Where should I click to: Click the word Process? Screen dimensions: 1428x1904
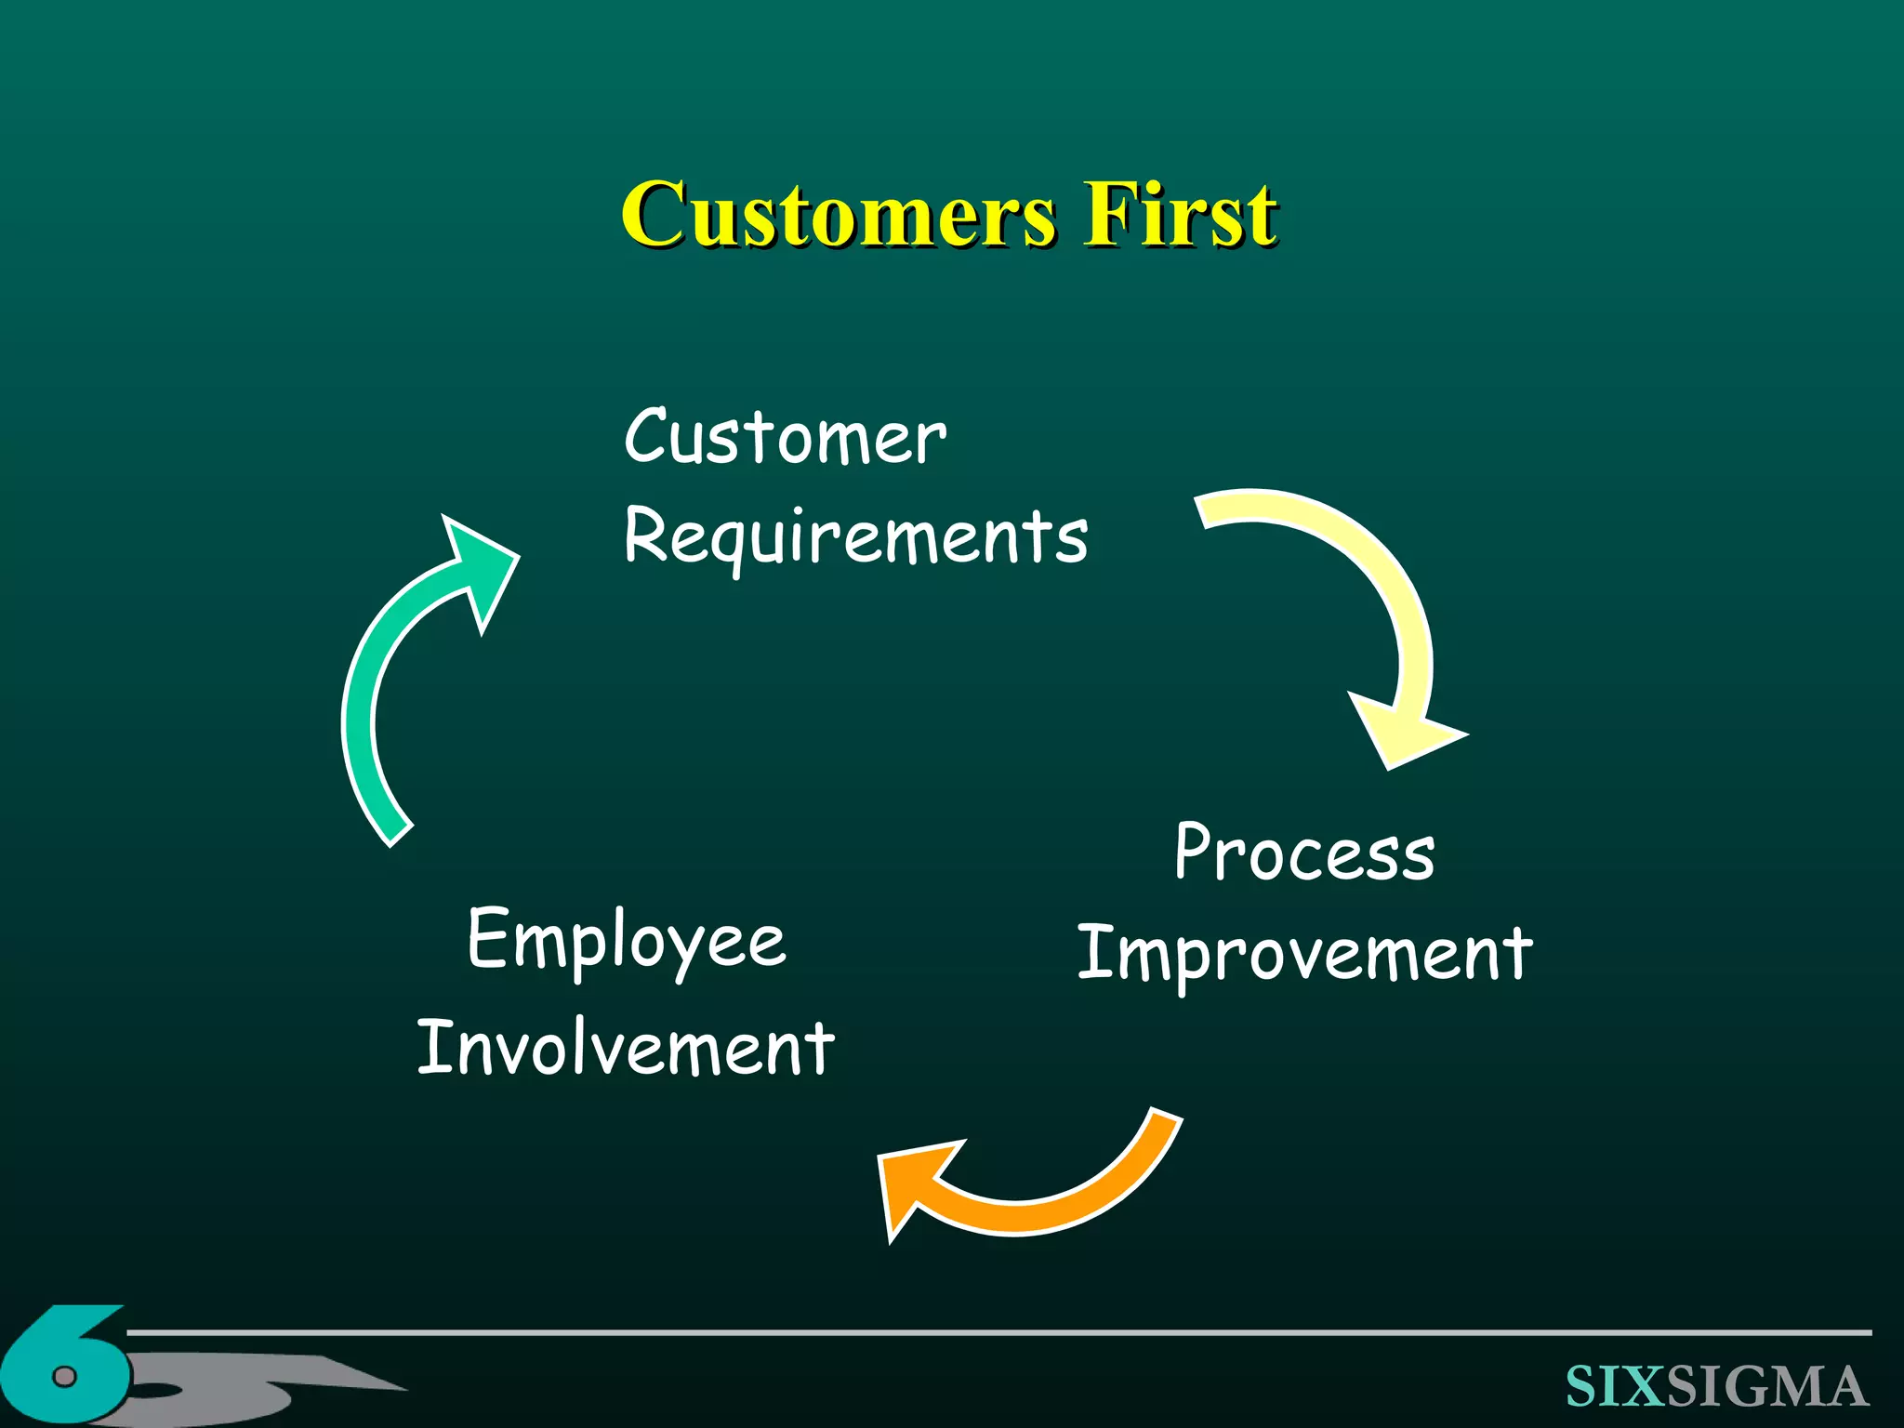pyautogui.click(x=1304, y=853)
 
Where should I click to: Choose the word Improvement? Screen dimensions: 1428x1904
pyautogui.click(x=1304, y=956)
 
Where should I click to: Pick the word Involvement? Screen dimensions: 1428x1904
pyautogui.click(x=626, y=1049)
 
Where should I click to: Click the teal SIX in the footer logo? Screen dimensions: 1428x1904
pyautogui.click(x=1615, y=1386)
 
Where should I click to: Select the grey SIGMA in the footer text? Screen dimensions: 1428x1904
pyautogui.click(x=1766, y=1386)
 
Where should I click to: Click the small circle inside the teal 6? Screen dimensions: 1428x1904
pyautogui.click(x=63, y=1375)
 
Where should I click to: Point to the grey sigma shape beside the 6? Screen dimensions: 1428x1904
pyautogui.click(x=279, y=1385)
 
